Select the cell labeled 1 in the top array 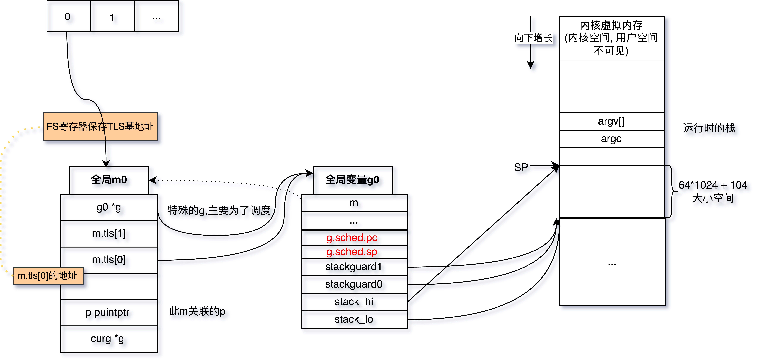(x=112, y=16)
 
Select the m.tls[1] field (x=109, y=234)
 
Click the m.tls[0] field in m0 (x=109, y=260)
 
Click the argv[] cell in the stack (x=611, y=121)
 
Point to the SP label (x=521, y=168)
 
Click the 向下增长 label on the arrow (x=533, y=38)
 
